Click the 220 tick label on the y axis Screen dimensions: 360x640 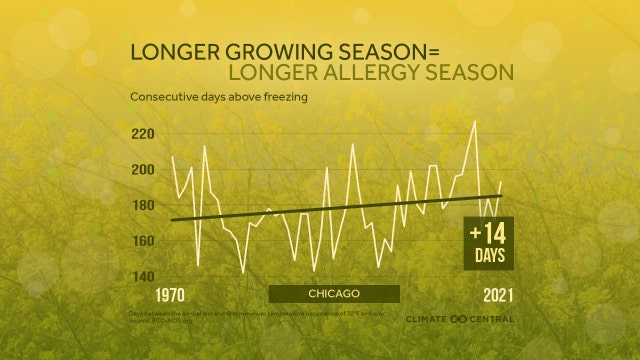pyautogui.click(x=143, y=134)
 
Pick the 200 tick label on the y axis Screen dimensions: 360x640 pyautogui.click(x=143, y=170)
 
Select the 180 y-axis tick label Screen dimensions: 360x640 pyautogui.click(x=143, y=205)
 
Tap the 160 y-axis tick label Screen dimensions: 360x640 pyautogui.click(x=143, y=241)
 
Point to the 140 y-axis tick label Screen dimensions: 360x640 pyautogui.click(x=143, y=277)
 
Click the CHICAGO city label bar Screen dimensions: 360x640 pyautogui.click(x=334, y=294)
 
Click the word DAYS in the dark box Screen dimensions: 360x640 pyautogui.click(x=489, y=256)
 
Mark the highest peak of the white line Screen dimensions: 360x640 pyautogui.click(x=474, y=121)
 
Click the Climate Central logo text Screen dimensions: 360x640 pyautogui.click(x=460, y=319)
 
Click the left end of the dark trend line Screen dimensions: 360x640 pyautogui.click(x=172, y=220)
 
